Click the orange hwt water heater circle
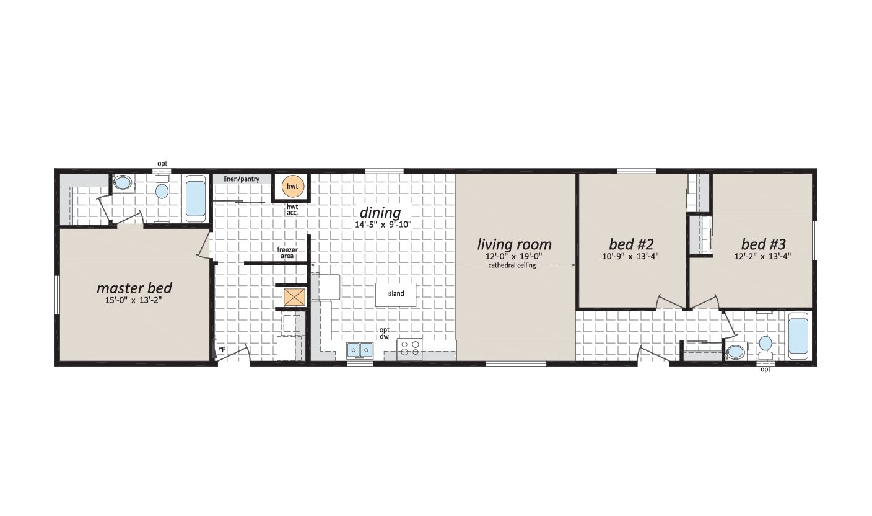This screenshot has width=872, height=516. pyautogui.click(x=292, y=186)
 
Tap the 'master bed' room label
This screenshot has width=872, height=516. pyautogui.click(x=134, y=288)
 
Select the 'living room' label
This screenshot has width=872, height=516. pyautogui.click(x=514, y=244)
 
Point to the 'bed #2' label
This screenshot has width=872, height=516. pyautogui.click(x=631, y=244)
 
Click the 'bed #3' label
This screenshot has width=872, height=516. pyautogui.click(x=764, y=244)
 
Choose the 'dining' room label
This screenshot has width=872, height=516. pyautogui.click(x=380, y=213)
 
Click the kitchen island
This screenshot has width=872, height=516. pyautogui.click(x=396, y=294)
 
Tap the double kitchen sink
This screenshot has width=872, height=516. pyautogui.click(x=360, y=350)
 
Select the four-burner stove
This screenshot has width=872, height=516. pyautogui.click(x=409, y=349)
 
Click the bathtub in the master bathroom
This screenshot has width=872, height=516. pyautogui.click(x=196, y=198)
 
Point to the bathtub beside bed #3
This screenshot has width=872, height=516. pyautogui.click(x=798, y=336)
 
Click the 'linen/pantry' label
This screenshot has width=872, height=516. pyautogui.click(x=242, y=179)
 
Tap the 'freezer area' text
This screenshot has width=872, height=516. pyautogui.click(x=287, y=252)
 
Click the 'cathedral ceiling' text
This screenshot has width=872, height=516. pyautogui.click(x=512, y=265)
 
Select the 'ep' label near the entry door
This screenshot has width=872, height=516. pyautogui.click(x=222, y=349)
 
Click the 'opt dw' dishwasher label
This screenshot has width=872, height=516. pyautogui.click(x=384, y=333)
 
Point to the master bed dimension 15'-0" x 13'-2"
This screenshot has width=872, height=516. pyautogui.click(x=133, y=300)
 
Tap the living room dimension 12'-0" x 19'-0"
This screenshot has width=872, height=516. pyautogui.click(x=514, y=256)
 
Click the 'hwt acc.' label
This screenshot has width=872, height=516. pyautogui.click(x=292, y=210)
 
